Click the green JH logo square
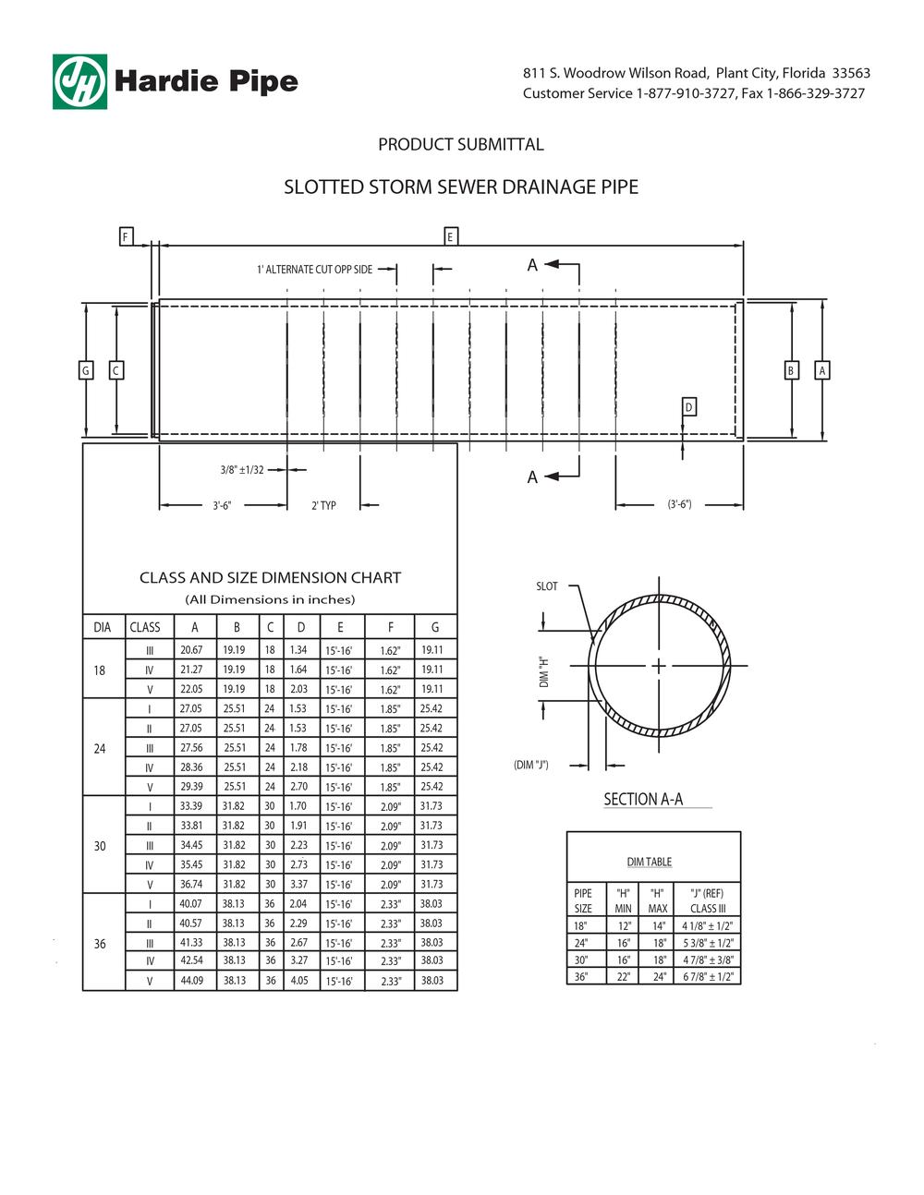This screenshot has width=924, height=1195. pyautogui.click(x=79, y=81)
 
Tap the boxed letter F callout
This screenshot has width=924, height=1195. pyautogui.click(x=126, y=236)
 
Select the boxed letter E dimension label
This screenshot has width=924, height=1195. pyautogui.click(x=451, y=236)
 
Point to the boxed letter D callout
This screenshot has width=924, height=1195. pyautogui.click(x=688, y=407)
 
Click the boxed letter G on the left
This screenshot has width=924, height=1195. pyautogui.click(x=86, y=370)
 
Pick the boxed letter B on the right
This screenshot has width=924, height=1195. pyautogui.click(x=791, y=370)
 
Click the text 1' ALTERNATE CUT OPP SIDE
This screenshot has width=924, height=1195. pyautogui.click(x=314, y=270)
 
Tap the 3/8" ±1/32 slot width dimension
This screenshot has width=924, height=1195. pyautogui.click(x=242, y=470)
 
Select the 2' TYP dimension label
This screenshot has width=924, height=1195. pyautogui.click(x=323, y=505)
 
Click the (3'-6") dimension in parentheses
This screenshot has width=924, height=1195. pyautogui.click(x=679, y=503)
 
